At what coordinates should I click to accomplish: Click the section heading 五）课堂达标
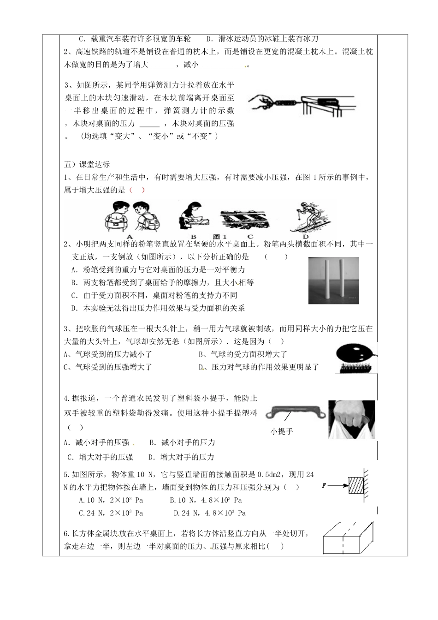point(87,165)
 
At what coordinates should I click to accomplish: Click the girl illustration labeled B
point(193,215)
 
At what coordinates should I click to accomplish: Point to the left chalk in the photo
point(325,278)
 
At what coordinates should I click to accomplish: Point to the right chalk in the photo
point(342,278)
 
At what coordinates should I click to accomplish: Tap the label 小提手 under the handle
point(282,431)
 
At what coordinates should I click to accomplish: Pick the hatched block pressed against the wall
point(355,486)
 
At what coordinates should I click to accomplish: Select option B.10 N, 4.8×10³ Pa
point(206,500)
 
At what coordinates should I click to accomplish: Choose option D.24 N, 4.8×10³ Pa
point(210,513)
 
